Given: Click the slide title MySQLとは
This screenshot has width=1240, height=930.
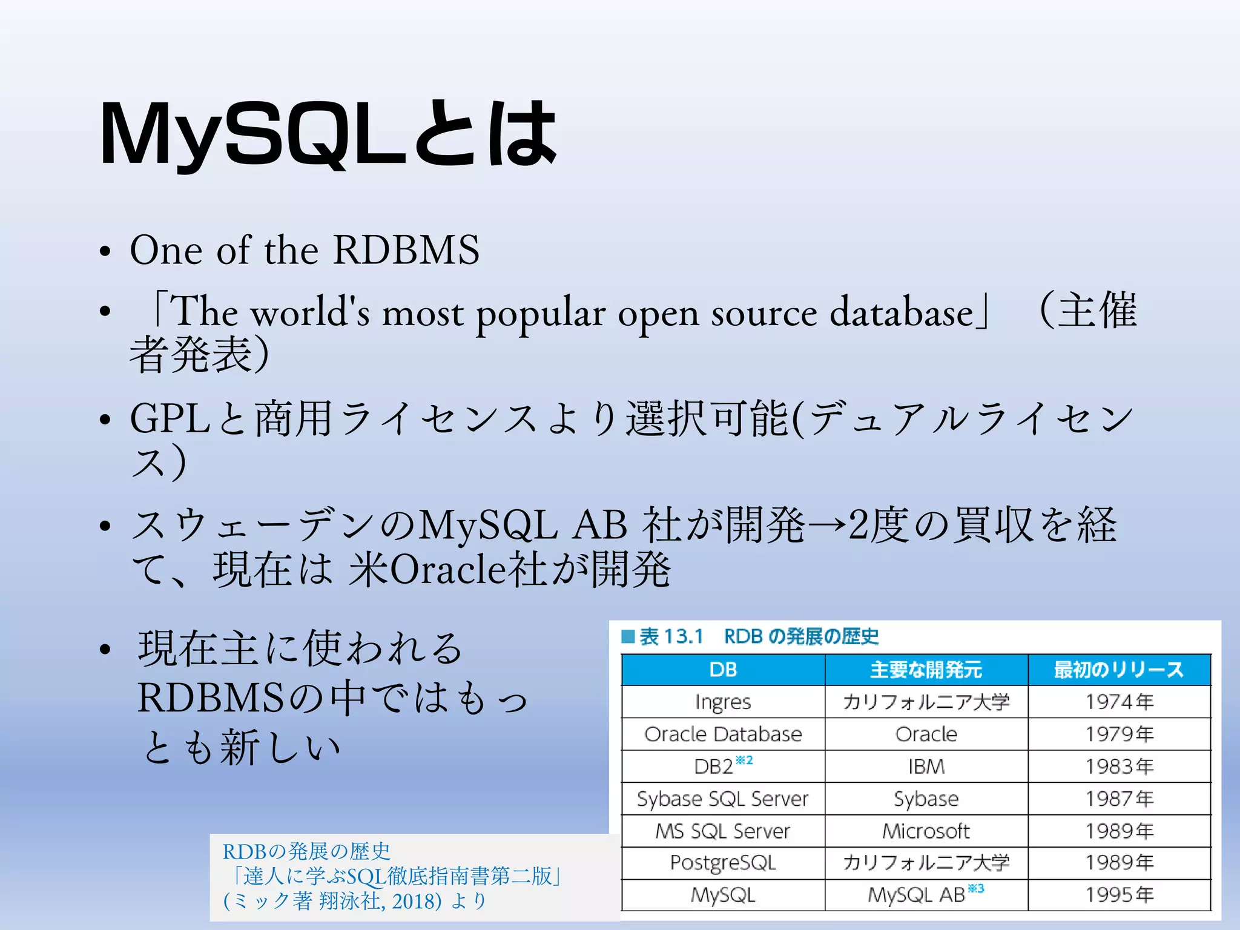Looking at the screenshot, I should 327,134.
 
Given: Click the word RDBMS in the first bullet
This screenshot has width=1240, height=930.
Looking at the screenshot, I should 406,249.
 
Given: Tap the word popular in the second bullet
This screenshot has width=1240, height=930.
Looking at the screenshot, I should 540,314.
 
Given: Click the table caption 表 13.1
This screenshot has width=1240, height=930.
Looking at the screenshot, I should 671,636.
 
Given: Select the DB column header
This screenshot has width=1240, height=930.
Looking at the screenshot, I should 723,670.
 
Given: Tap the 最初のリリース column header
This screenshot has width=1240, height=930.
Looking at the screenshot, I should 1118,670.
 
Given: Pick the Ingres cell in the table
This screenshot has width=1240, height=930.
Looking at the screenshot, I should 723,702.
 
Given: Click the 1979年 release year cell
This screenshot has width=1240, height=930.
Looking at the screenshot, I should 1119,734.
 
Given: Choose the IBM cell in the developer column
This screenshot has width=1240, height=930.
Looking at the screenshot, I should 926,767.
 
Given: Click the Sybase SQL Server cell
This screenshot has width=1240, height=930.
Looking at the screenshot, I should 722,799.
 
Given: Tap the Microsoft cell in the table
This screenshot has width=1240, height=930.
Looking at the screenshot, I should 926,831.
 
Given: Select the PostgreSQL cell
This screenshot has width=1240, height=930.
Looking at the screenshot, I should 723,862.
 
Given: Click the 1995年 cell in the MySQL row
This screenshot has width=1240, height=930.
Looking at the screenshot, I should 1119,894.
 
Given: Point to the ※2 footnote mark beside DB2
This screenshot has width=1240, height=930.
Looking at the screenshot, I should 744,760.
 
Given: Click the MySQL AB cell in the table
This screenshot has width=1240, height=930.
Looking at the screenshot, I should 917,895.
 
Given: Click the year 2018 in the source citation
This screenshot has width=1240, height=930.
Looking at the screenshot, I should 415,902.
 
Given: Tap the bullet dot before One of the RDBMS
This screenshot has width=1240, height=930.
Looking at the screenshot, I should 105,251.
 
